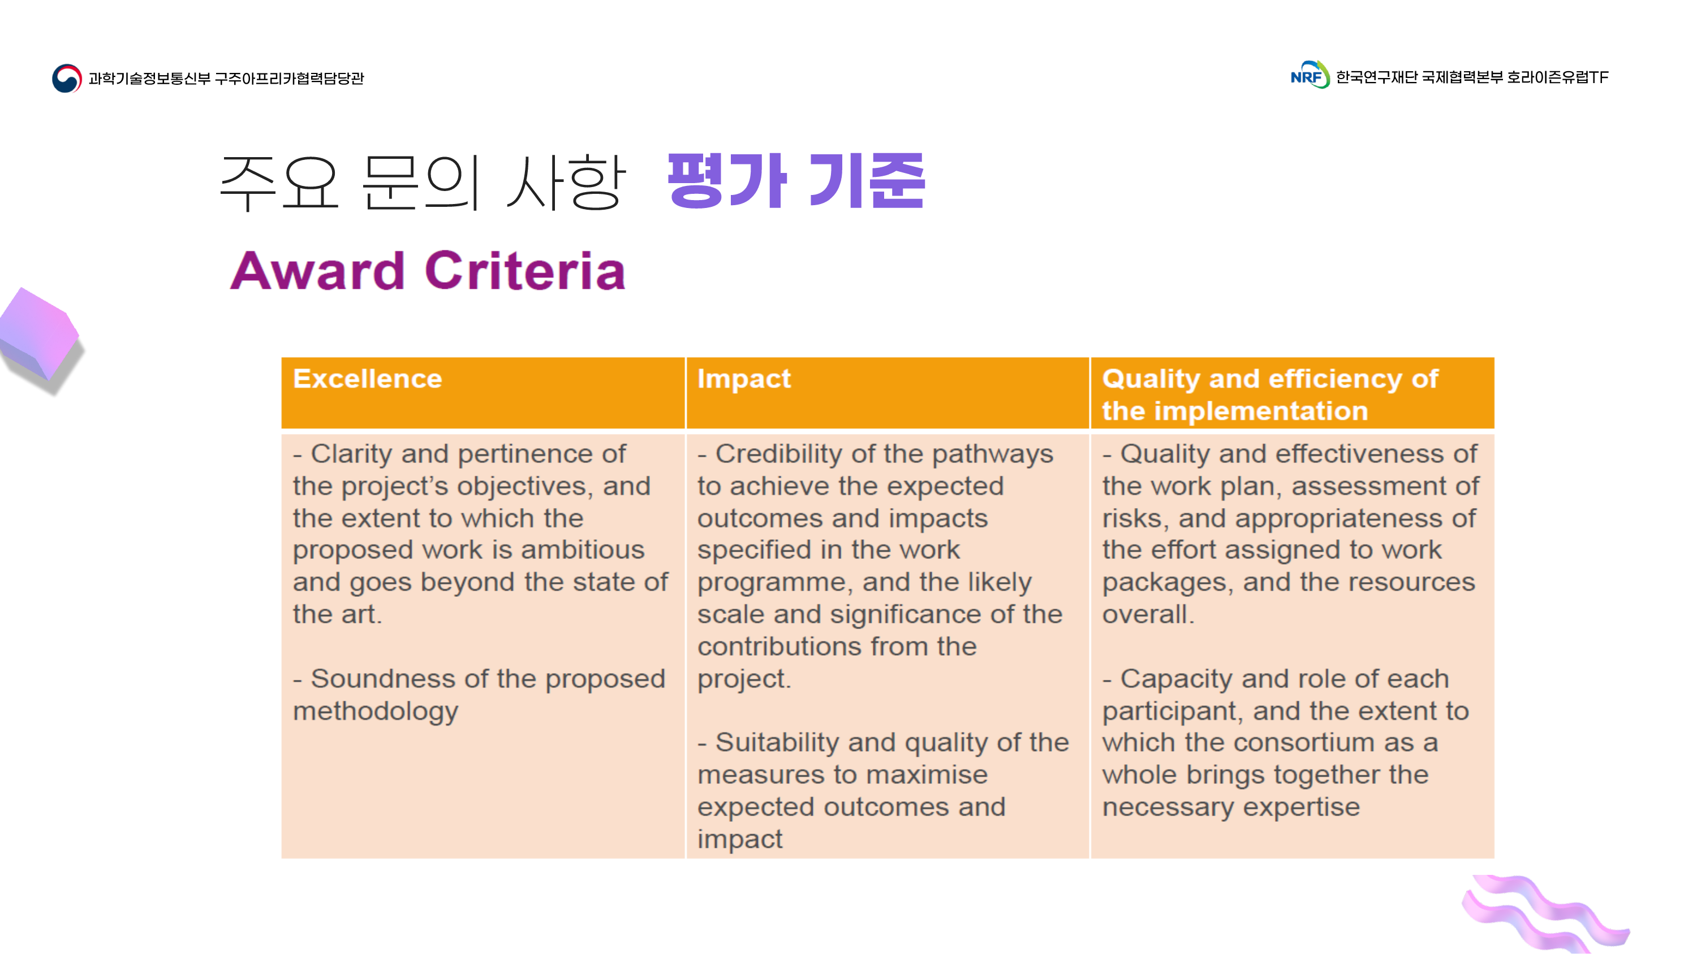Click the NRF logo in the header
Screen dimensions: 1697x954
coord(1310,75)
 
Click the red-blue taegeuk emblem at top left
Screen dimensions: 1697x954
coord(67,79)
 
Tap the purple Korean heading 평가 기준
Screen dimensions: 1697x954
coord(796,180)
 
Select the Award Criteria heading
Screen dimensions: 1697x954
coord(428,271)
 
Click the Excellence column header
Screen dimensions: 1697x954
coord(367,379)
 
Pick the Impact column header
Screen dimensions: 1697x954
coord(744,379)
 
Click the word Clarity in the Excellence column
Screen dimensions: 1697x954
coord(352,454)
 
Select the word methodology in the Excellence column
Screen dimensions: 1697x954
coord(376,712)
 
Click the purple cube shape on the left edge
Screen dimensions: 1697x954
coord(40,339)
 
